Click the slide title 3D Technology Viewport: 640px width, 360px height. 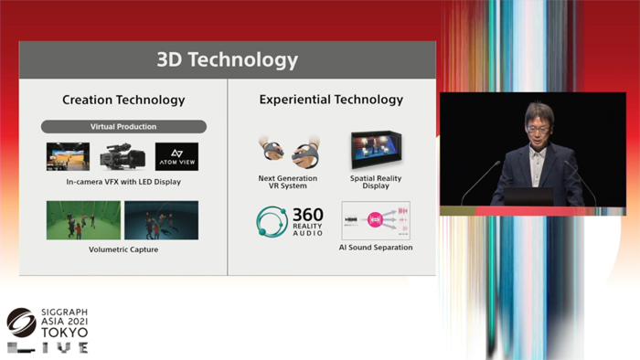pyautogui.click(x=227, y=60)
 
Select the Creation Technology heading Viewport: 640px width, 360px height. pyautogui.click(x=123, y=100)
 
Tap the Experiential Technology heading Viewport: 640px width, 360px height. pyautogui.click(x=331, y=100)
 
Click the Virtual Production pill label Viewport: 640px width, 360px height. pyautogui.click(x=123, y=126)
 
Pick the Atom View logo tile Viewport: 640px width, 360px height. pyautogui.click(x=176, y=156)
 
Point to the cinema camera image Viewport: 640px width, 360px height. pyautogui.click(x=123, y=156)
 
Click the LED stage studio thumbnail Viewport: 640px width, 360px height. pyautogui.click(x=69, y=156)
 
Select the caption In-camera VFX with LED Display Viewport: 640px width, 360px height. pyautogui.click(x=123, y=182)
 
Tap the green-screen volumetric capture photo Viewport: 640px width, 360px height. pyautogui.click(x=83, y=220)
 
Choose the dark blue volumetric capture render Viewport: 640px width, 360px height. pyautogui.click(x=161, y=220)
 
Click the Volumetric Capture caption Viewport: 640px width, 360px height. pyautogui.click(x=123, y=249)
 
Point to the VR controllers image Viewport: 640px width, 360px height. pyautogui.click(x=288, y=152)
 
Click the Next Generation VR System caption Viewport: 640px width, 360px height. pyautogui.click(x=288, y=182)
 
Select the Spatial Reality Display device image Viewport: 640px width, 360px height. pyautogui.click(x=376, y=150)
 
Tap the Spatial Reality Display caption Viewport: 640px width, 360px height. pyautogui.click(x=376, y=182)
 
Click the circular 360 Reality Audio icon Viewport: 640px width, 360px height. pyautogui.click(x=272, y=222)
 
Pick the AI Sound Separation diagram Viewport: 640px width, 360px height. pyautogui.click(x=376, y=221)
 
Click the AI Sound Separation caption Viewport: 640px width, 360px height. pyautogui.click(x=376, y=248)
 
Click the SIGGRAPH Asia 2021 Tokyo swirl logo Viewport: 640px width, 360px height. pyautogui.click(x=21, y=323)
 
